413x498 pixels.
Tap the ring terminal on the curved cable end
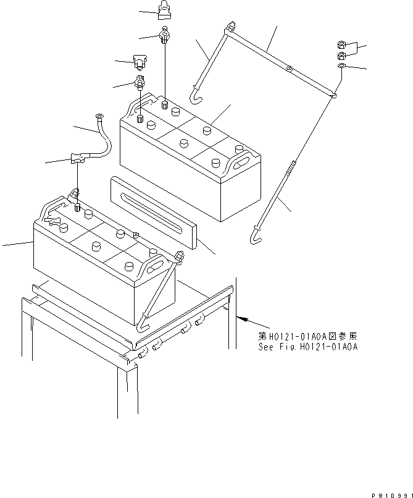[99, 116]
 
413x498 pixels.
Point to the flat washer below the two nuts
[342, 65]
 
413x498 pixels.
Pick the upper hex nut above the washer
[341, 44]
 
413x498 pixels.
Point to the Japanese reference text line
[307, 337]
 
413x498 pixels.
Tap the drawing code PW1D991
[391, 495]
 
